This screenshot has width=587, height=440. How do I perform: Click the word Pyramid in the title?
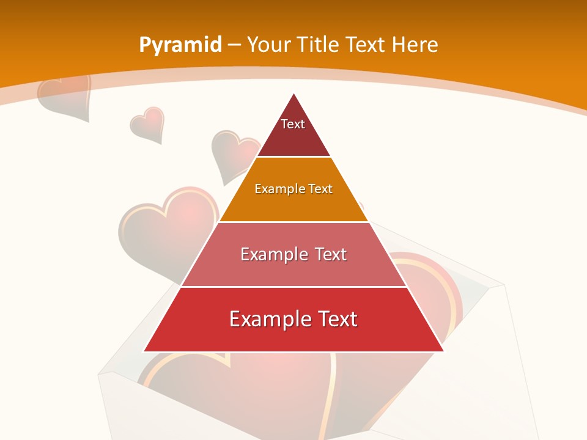(x=180, y=45)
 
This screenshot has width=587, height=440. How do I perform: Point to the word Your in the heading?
(x=269, y=45)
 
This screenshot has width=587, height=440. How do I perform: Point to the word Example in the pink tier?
(x=267, y=254)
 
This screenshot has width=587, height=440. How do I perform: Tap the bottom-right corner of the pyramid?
(x=443, y=351)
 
